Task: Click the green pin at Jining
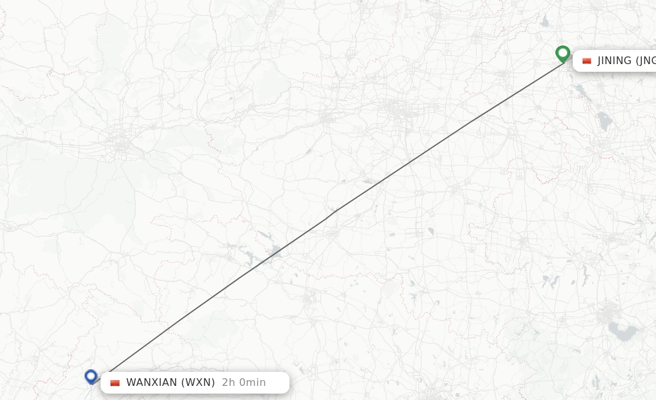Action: click(x=563, y=54)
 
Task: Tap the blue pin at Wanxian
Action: click(x=91, y=376)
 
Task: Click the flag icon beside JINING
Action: click(x=586, y=61)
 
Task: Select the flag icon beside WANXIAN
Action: click(x=115, y=383)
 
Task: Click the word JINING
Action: click(x=614, y=61)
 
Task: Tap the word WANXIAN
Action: click(x=152, y=383)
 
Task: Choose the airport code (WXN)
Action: click(x=197, y=383)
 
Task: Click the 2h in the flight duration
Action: click(x=228, y=383)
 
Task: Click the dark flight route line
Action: click(x=327, y=218)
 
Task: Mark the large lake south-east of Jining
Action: click(x=603, y=120)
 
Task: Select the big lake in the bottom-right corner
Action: click(x=623, y=331)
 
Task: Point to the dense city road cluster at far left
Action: click(x=120, y=144)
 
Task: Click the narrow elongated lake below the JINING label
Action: click(x=583, y=93)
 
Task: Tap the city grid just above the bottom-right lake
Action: click(x=605, y=315)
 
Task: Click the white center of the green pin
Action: click(x=563, y=52)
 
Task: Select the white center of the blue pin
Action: click(x=91, y=374)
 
